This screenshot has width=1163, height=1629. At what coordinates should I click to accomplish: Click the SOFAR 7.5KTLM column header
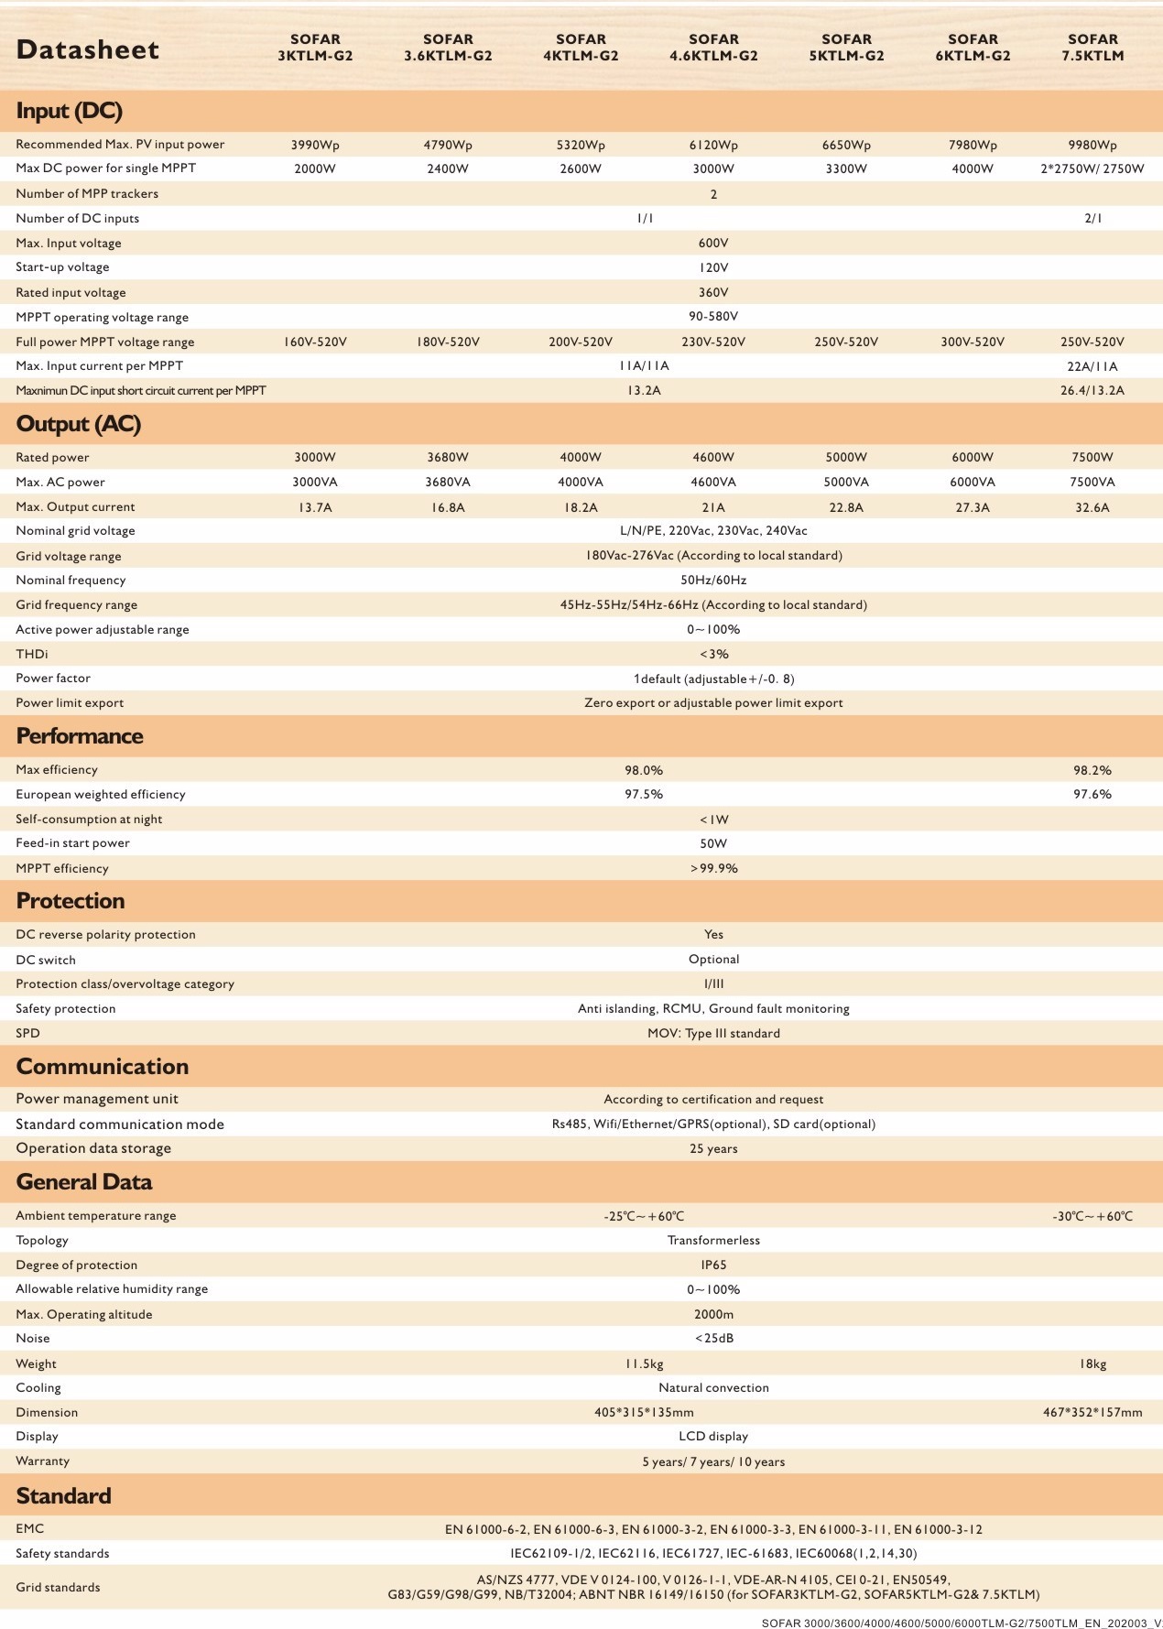coord(1092,48)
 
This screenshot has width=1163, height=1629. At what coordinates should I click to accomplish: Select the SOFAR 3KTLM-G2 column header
coord(315,48)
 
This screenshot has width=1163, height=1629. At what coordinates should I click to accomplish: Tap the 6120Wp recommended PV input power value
coord(713,145)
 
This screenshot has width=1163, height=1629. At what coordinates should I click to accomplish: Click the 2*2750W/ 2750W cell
coord(1092,168)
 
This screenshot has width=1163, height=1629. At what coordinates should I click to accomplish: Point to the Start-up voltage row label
coord(62,267)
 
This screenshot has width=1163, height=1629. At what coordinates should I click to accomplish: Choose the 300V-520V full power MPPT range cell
coord(973,342)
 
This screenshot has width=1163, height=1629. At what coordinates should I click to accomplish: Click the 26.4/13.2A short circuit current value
coord(1092,390)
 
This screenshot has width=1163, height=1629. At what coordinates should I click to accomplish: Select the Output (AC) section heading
coord(79,425)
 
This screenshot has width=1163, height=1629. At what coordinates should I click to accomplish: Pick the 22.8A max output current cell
coord(846,507)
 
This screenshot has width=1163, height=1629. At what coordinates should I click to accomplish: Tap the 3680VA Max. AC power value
coord(448,483)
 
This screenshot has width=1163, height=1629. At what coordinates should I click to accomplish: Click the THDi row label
coord(32,654)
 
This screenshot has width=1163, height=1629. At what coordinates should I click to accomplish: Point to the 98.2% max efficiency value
coord(1092,770)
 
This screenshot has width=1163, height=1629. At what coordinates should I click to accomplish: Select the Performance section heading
coord(80,736)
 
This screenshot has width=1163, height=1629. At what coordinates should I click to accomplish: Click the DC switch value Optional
coord(713,959)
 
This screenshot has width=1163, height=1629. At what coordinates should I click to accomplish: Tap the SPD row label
coord(28,1033)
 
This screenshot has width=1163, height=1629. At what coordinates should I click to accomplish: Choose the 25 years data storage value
coord(713,1148)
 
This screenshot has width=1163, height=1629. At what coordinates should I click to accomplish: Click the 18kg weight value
coord(1092,1363)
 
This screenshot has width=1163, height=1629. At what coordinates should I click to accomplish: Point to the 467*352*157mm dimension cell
coord(1092,1412)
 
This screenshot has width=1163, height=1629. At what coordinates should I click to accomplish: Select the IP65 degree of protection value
coord(713,1265)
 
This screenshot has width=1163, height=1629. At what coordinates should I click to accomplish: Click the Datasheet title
coord(88,50)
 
